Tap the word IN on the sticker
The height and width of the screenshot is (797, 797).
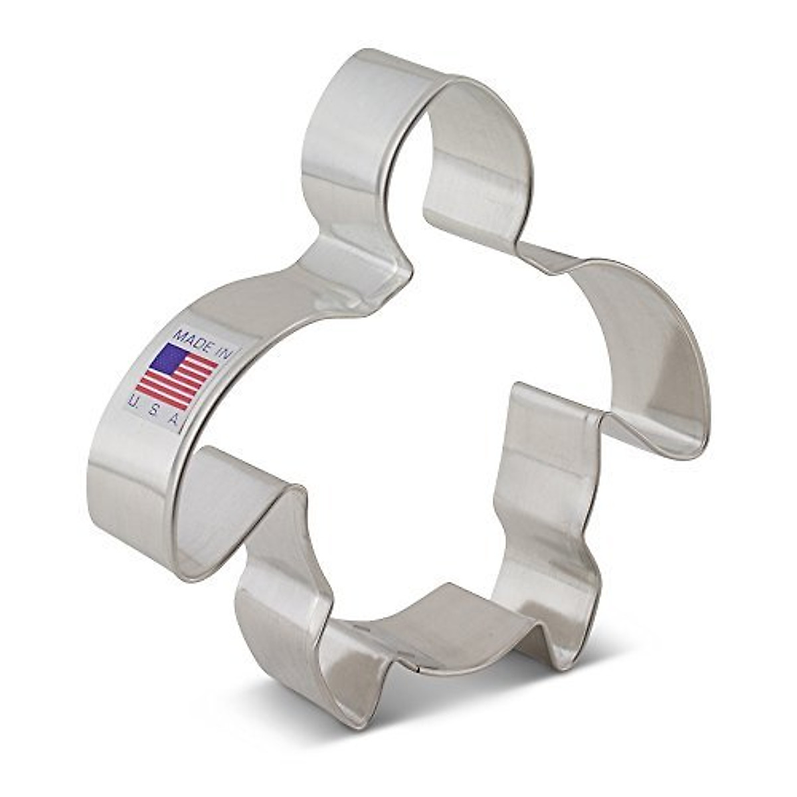224,351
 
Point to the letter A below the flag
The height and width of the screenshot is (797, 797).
174,420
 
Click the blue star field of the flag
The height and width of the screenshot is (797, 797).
167,359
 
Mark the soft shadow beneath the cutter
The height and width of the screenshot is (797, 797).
465,704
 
